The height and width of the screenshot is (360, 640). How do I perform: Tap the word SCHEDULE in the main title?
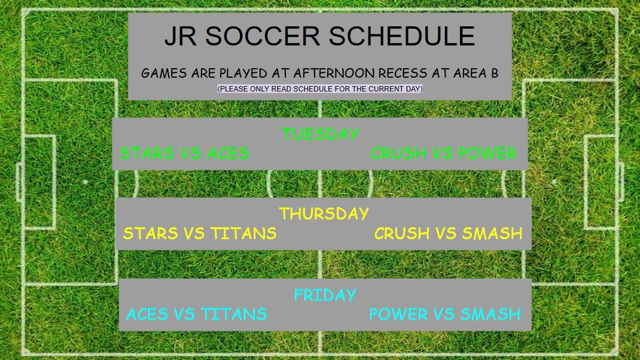click(402, 36)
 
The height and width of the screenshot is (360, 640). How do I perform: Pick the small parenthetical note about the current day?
click(320, 89)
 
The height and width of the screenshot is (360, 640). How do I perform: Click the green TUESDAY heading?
click(320, 134)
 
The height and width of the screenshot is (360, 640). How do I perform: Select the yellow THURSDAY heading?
click(324, 213)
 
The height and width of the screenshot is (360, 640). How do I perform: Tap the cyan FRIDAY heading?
click(325, 295)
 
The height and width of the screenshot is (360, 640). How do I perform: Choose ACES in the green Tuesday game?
click(228, 153)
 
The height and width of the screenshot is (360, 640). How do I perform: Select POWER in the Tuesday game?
click(487, 153)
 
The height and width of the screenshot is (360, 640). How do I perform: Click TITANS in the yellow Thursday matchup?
click(243, 233)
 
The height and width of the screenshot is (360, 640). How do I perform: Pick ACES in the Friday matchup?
click(148, 314)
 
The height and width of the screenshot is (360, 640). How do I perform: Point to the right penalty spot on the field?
click(554, 181)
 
